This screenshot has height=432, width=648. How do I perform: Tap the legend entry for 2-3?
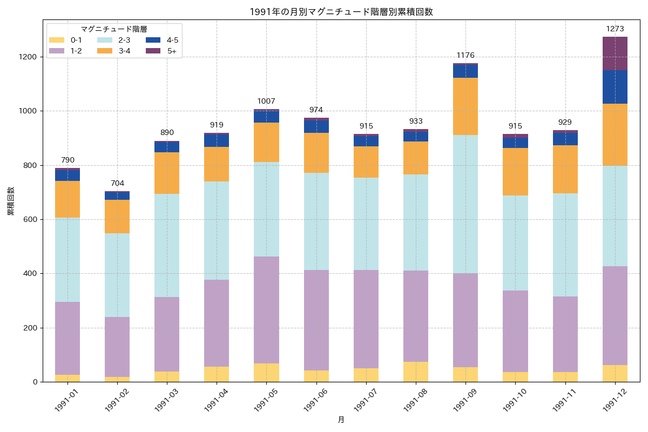(x=114, y=40)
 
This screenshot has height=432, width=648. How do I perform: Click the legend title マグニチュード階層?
(x=114, y=29)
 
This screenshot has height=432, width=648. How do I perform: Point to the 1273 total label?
(x=615, y=28)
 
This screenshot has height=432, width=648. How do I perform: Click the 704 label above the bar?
(x=117, y=183)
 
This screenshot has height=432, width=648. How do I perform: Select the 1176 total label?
(x=465, y=55)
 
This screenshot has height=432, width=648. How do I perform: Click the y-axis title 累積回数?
(x=11, y=201)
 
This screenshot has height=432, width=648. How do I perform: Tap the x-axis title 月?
(x=341, y=420)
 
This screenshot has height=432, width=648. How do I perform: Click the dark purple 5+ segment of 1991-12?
(x=615, y=53)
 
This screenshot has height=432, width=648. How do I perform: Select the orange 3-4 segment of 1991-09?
(x=465, y=106)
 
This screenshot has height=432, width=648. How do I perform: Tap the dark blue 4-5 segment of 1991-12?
(x=615, y=86)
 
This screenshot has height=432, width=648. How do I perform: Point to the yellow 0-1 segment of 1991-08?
(x=416, y=372)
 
